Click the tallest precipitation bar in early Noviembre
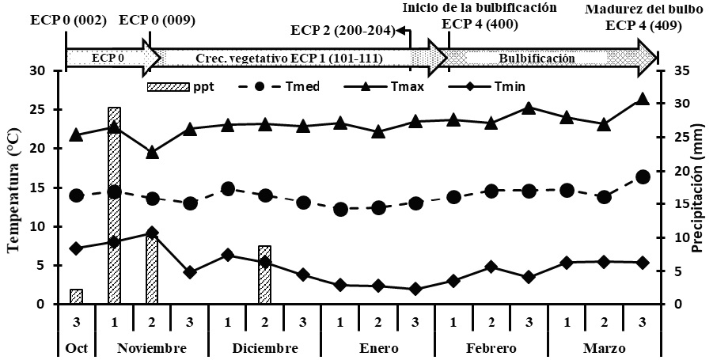(114, 206)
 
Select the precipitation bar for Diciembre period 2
(265, 275)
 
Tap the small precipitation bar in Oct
(76, 297)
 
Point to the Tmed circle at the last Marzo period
(643, 176)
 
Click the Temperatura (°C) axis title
(14, 188)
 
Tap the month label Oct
(76, 349)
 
